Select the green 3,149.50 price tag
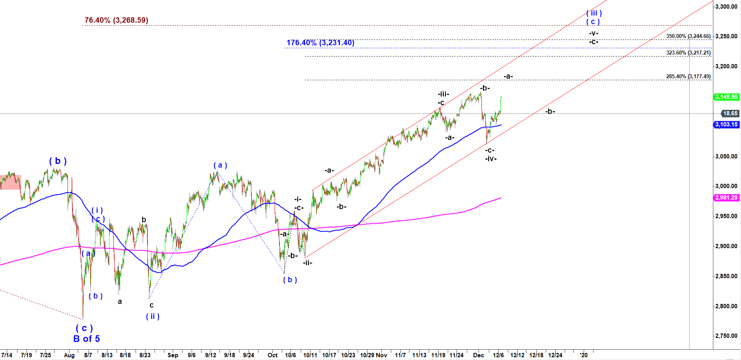[x=726, y=97]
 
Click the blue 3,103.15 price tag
[x=726, y=124]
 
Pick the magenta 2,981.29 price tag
[x=726, y=198]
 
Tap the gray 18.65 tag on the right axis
[x=730, y=113]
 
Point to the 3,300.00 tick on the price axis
[x=726, y=7]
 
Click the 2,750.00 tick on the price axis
[x=726, y=336]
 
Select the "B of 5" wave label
[x=87, y=339]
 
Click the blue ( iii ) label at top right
[x=594, y=13]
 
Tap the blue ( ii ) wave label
[x=153, y=317]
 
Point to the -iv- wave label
[x=491, y=159]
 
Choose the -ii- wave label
[x=308, y=262]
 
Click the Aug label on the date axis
[x=69, y=355]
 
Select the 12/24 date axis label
[x=555, y=355]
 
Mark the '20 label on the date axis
[x=584, y=355]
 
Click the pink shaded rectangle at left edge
[x=10, y=182]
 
